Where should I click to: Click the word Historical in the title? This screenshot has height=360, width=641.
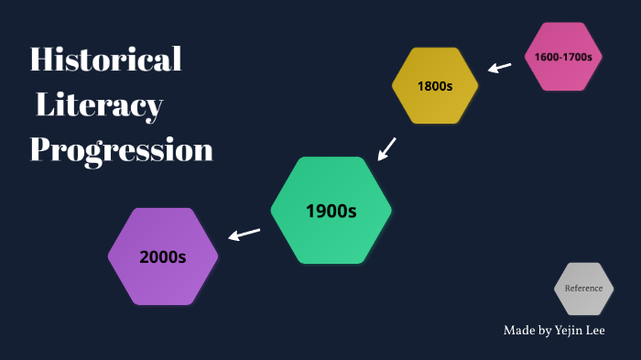(x=106, y=60)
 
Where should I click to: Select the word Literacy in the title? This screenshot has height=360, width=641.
(x=99, y=106)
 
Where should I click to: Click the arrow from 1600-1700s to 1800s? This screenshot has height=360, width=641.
(x=499, y=67)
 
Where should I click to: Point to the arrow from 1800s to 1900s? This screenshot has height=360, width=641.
(x=387, y=147)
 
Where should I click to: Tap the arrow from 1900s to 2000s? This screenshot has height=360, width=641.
(x=244, y=235)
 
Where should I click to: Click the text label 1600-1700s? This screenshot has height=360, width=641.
(x=563, y=57)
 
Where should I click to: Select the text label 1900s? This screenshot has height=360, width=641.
(x=331, y=212)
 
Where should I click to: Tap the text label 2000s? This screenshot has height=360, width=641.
(x=163, y=257)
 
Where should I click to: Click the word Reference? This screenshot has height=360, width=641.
(x=583, y=289)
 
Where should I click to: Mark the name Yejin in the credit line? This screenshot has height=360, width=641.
(x=563, y=330)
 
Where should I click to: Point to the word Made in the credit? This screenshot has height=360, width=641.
(x=517, y=330)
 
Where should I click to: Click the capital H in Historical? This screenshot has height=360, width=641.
(x=40, y=60)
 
